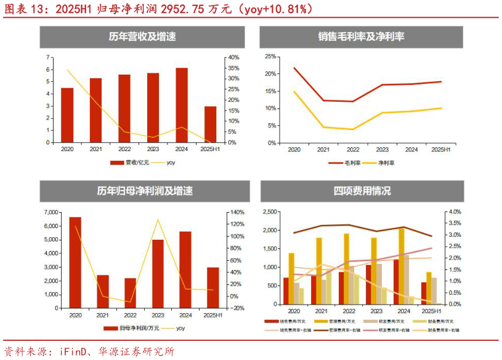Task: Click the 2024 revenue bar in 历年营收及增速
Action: tap(182, 105)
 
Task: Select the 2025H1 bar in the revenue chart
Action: tap(211, 124)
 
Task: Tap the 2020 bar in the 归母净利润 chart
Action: tap(75, 262)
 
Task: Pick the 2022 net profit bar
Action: tap(131, 293)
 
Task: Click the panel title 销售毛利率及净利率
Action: tap(361, 37)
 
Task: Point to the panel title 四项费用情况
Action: tap(362, 191)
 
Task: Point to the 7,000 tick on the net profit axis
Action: tap(51, 212)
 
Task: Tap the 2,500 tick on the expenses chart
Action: tap(269, 211)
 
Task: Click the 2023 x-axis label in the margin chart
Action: tap(383, 150)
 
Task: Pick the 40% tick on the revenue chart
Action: tap(233, 57)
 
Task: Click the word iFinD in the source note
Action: tap(75, 351)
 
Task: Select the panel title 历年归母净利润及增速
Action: tap(145, 191)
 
